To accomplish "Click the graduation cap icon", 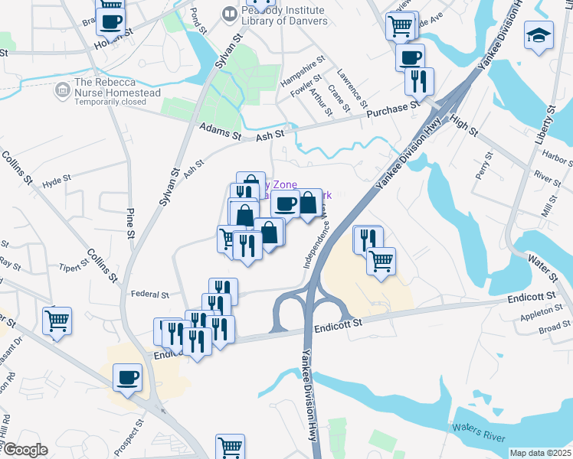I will tap(539, 35).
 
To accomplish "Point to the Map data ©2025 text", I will tap(540, 453).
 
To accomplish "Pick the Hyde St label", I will tap(56, 181).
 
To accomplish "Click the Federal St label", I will tap(149, 294).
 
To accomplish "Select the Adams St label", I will tap(220, 132).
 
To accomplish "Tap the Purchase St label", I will tap(388, 111).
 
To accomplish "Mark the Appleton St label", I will tap(541, 312).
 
